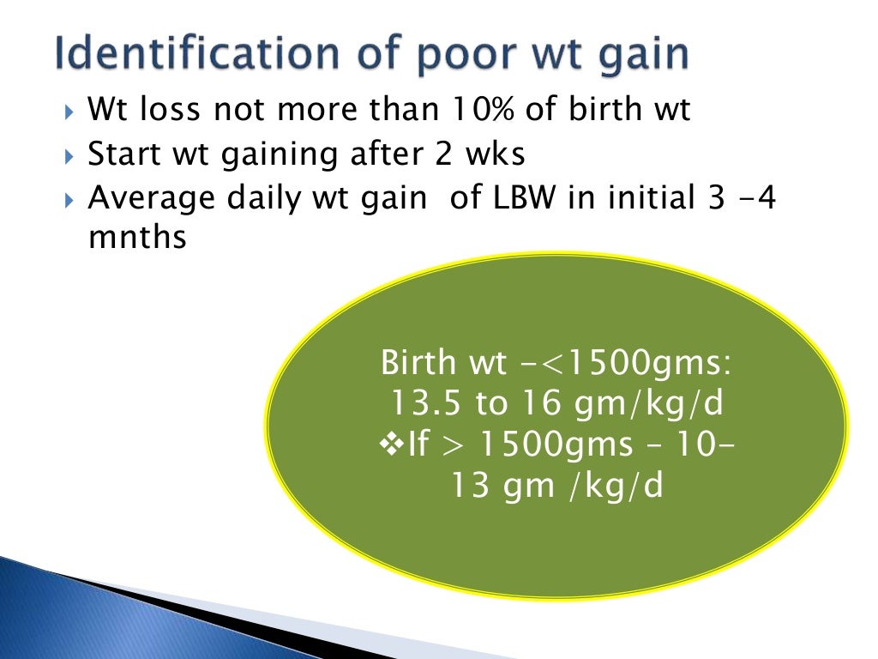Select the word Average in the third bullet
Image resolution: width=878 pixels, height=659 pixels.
pyautogui.click(x=151, y=198)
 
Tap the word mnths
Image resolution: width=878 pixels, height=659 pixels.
pyautogui.click(x=137, y=238)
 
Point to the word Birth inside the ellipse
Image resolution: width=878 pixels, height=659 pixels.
pyautogui.click(x=418, y=362)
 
